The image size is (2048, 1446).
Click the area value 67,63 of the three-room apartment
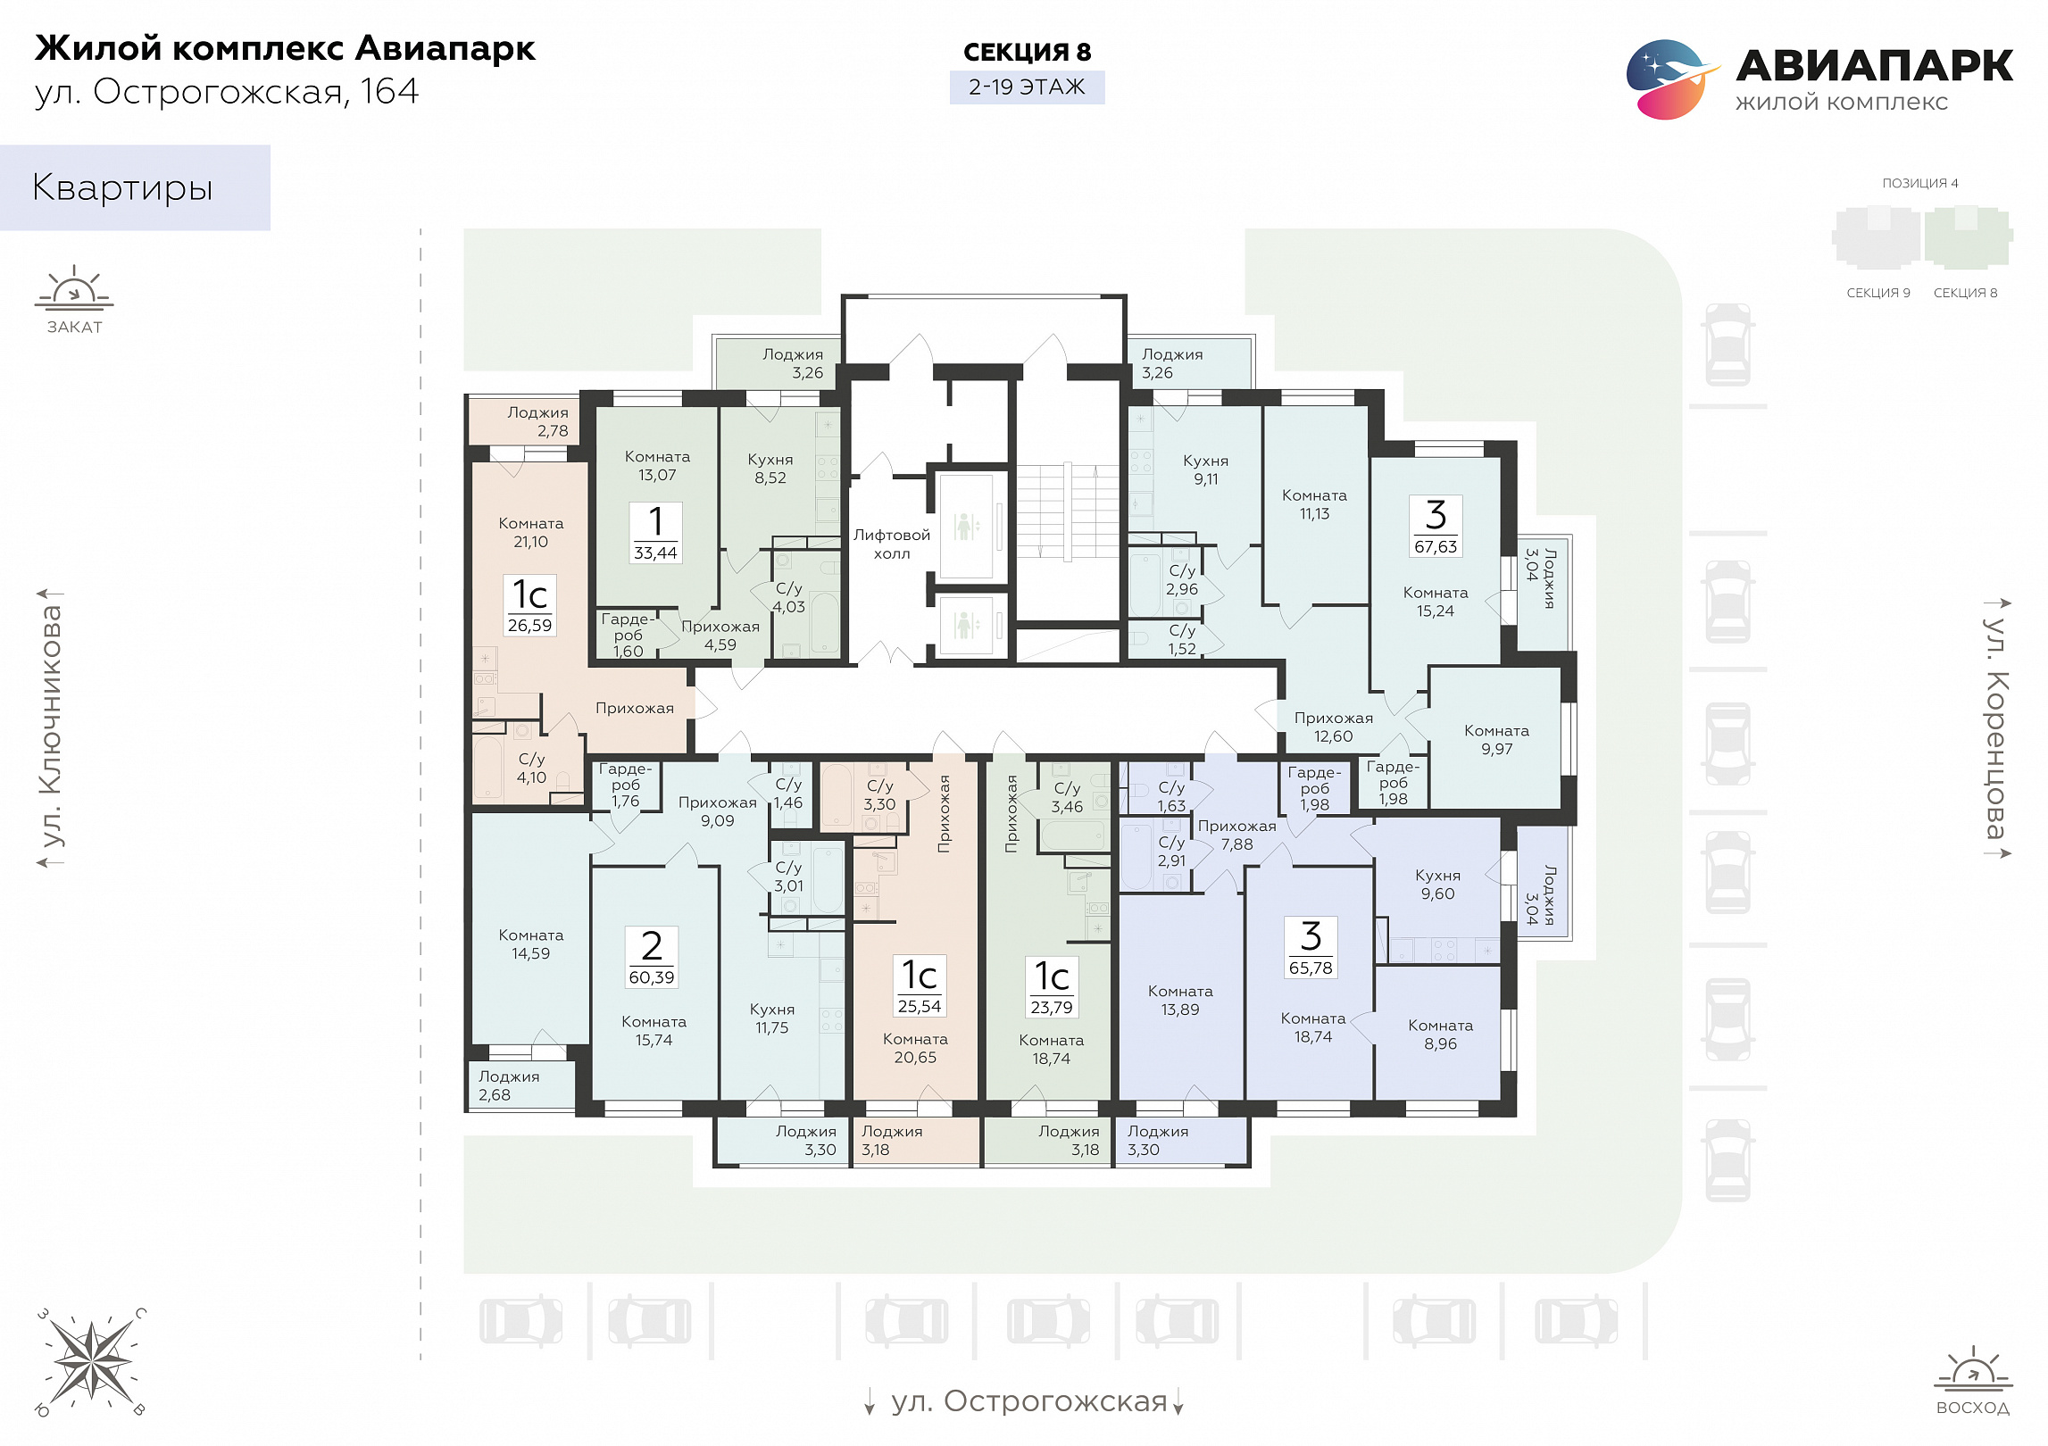1436,546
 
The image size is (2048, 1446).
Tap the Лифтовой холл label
892,544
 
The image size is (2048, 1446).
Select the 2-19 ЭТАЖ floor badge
1027,87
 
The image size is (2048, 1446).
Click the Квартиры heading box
135,187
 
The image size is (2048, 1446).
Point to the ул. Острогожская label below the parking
1028,1401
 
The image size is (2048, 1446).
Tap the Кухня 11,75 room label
772,1018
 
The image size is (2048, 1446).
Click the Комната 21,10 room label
531,532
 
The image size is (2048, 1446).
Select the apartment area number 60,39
652,977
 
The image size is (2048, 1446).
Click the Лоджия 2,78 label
538,421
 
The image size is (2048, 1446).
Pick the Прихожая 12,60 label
1334,727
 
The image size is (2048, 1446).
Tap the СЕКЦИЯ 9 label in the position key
1878,293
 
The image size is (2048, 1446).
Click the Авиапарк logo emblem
1671,79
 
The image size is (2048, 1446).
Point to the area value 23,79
1052,1008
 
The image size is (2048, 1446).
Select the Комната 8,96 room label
1441,1035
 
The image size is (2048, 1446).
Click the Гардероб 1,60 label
628,635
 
